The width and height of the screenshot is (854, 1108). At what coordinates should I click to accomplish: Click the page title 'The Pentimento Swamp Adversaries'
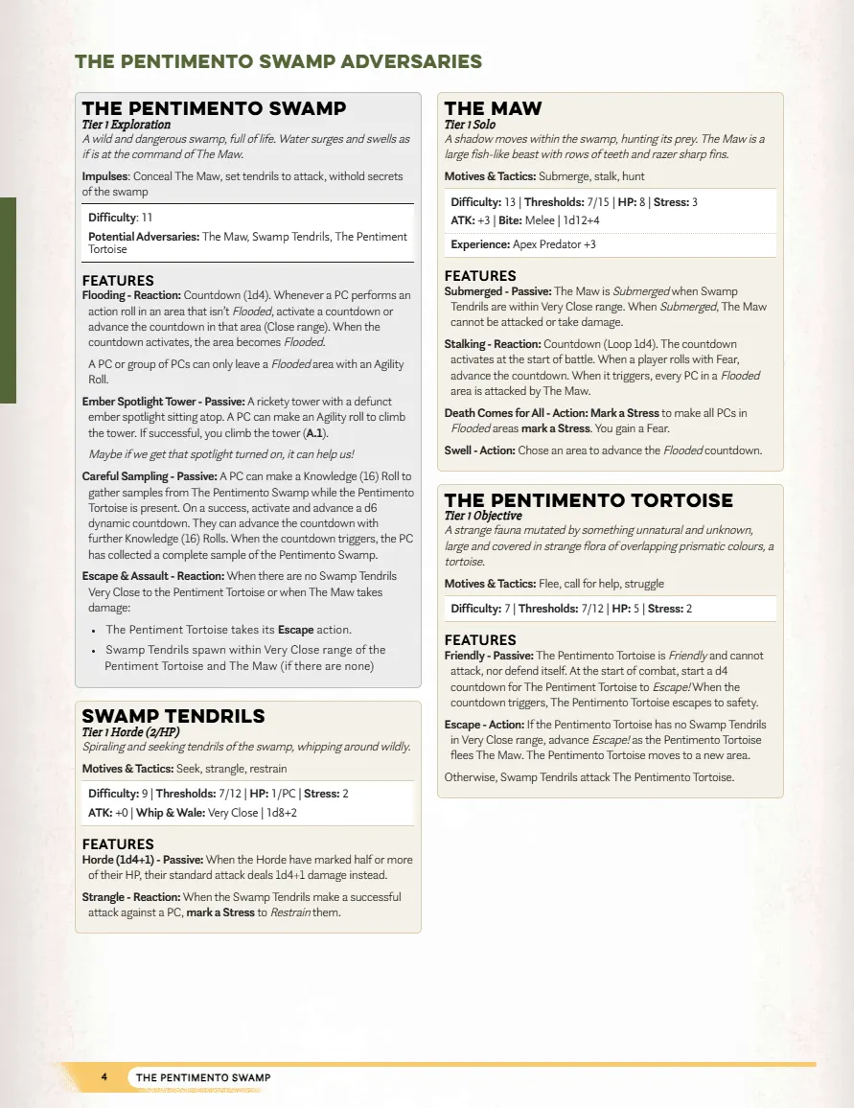pyautogui.click(x=278, y=62)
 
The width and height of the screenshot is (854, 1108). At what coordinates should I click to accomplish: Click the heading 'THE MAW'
pyautogui.click(x=493, y=108)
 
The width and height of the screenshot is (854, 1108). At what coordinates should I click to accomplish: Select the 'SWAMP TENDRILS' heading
pyautogui.click(x=173, y=716)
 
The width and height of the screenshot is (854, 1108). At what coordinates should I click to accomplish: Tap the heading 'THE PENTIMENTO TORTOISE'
pyautogui.click(x=589, y=500)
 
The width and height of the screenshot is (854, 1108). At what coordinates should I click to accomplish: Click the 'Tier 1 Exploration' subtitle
pyautogui.click(x=127, y=125)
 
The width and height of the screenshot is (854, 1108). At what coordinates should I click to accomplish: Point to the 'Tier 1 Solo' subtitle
pyautogui.click(x=470, y=125)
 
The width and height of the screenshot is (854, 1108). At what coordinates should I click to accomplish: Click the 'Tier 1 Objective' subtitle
pyautogui.click(x=483, y=516)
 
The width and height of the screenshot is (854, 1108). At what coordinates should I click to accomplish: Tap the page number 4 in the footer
pyautogui.click(x=104, y=1077)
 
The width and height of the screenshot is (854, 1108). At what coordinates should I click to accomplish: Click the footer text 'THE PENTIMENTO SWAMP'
pyautogui.click(x=203, y=1077)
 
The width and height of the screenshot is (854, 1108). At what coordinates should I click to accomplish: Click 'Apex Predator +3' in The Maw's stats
pyautogui.click(x=554, y=244)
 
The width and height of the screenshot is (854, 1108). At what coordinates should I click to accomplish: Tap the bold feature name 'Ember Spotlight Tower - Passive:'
pyautogui.click(x=163, y=402)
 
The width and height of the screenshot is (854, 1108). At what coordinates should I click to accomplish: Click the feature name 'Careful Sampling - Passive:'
pyautogui.click(x=150, y=476)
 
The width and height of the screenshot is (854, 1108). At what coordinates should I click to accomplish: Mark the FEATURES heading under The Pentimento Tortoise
pyautogui.click(x=480, y=640)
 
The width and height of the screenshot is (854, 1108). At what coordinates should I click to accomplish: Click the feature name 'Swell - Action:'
pyautogui.click(x=479, y=450)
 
